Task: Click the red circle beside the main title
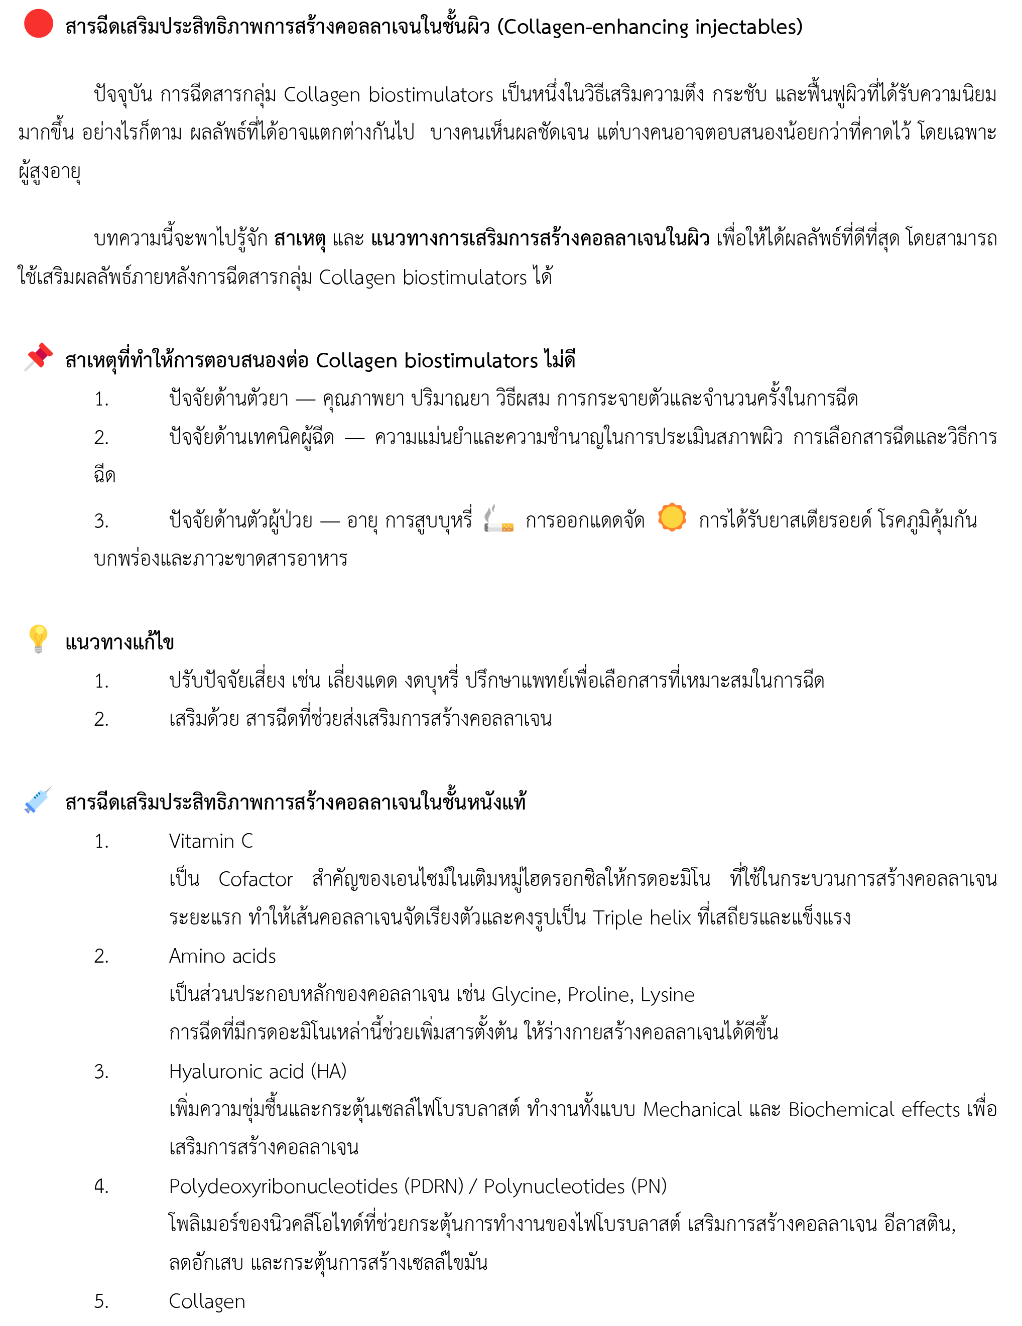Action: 38,24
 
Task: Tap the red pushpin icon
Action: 38,357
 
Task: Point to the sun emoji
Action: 672,517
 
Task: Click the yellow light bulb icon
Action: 38,639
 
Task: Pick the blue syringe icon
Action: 38,800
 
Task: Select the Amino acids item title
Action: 222,956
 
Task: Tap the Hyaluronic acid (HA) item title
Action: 258,1071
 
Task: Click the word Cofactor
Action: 255,879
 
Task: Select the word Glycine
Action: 527,995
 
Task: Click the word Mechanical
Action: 692,1109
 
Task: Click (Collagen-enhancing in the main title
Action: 593,27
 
